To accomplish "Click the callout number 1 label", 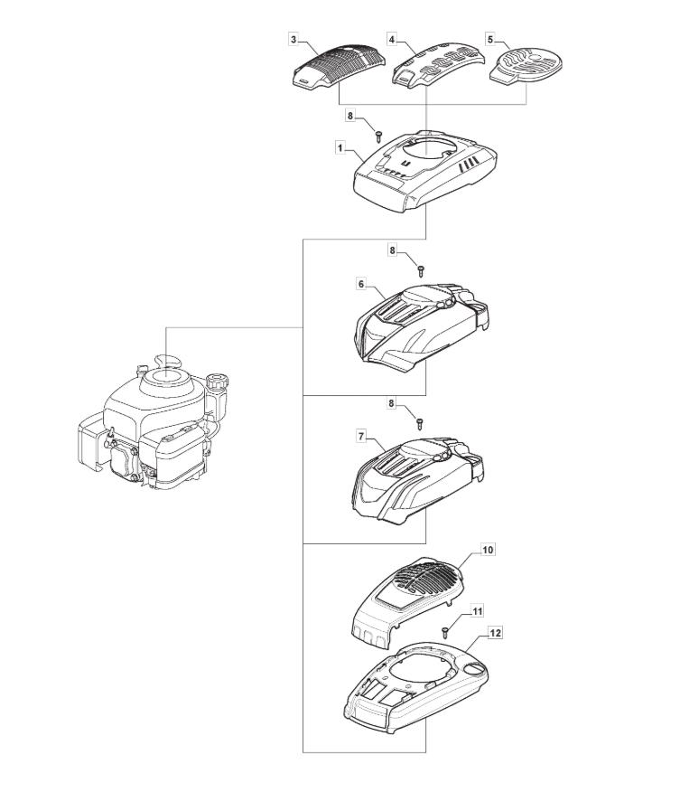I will [340, 146].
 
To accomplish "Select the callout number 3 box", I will [293, 40].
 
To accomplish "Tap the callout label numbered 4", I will [392, 40].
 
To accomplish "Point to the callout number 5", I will [490, 40].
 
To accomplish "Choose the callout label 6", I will [361, 284].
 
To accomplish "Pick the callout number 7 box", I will [361, 436].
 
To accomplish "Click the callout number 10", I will [488, 549].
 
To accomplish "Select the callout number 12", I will [495, 634].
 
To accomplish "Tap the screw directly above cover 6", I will [421, 269].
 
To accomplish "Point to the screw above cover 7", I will [421, 421].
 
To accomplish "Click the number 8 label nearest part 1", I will [351, 116].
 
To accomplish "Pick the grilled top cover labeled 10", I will [406, 601].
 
